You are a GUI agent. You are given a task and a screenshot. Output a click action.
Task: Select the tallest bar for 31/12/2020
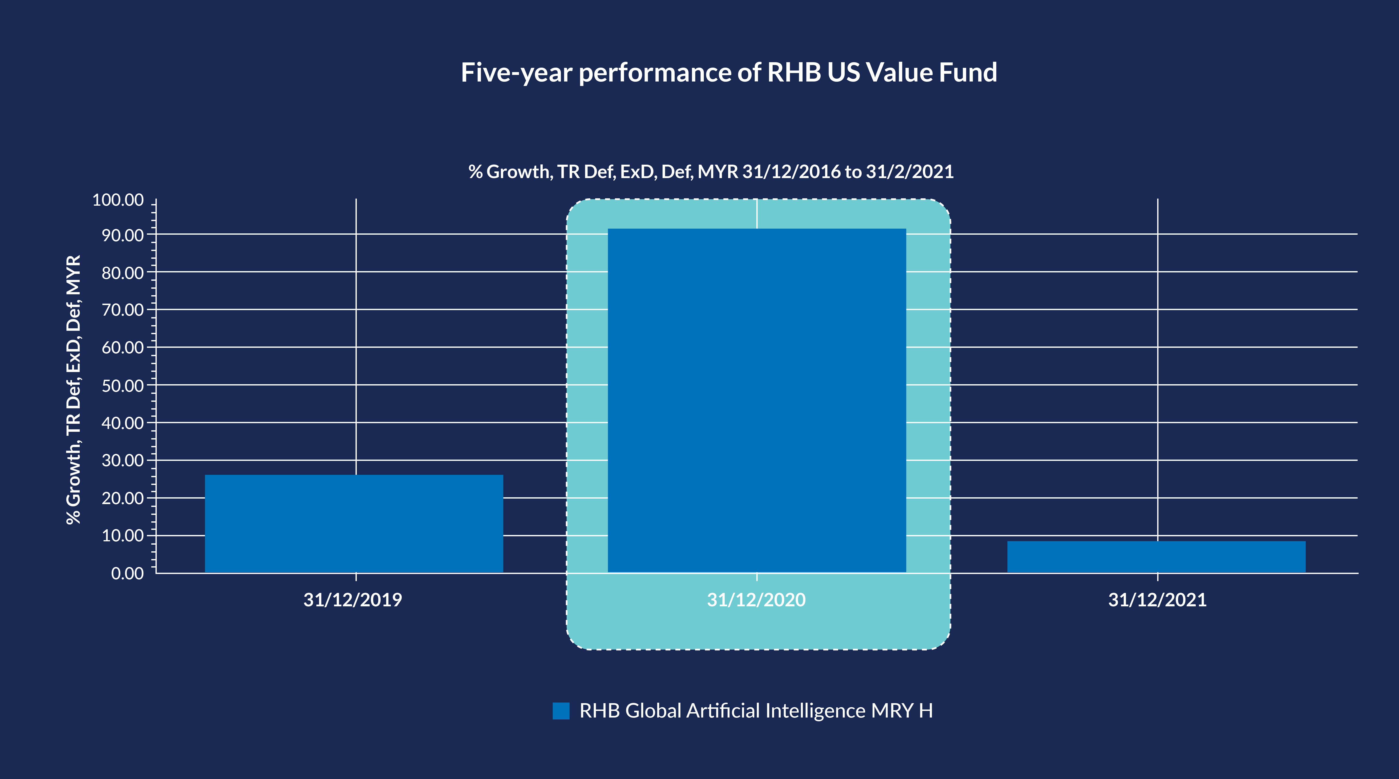click(757, 400)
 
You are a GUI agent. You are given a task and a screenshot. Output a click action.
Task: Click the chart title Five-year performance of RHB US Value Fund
click(729, 72)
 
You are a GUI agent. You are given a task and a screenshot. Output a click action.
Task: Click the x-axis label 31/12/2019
click(353, 600)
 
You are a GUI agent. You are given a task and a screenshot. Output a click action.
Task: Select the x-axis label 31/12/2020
click(756, 600)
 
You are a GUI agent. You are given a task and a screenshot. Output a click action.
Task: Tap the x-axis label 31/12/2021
click(1157, 600)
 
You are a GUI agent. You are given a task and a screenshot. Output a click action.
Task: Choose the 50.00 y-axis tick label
click(123, 386)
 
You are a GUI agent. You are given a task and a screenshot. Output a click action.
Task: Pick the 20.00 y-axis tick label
click(123, 498)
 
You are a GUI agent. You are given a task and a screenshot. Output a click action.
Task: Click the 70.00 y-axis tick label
click(123, 310)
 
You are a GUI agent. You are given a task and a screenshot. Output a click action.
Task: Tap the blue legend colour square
click(561, 710)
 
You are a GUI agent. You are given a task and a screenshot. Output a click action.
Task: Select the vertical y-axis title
click(73, 390)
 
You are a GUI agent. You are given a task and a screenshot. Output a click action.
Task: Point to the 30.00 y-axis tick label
click(123, 461)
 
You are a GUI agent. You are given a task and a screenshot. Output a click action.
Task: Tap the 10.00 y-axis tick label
click(123, 536)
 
